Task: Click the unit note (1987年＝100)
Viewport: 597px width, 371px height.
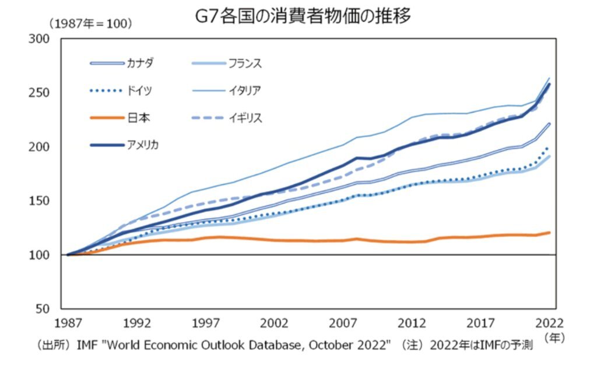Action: pos(90,24)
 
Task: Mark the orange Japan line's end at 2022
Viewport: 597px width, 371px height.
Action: pos(549,232)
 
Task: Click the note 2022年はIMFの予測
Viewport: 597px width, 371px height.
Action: pos(481,345)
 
